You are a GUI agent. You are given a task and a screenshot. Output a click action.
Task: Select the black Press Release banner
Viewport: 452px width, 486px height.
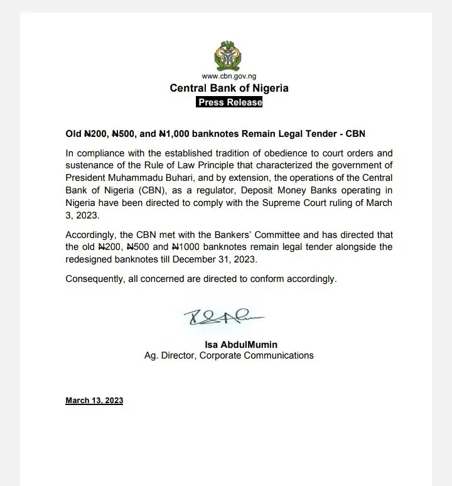[x=229, y=102]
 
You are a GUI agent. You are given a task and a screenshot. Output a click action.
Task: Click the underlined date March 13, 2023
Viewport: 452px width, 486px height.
[x=94, y=401]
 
